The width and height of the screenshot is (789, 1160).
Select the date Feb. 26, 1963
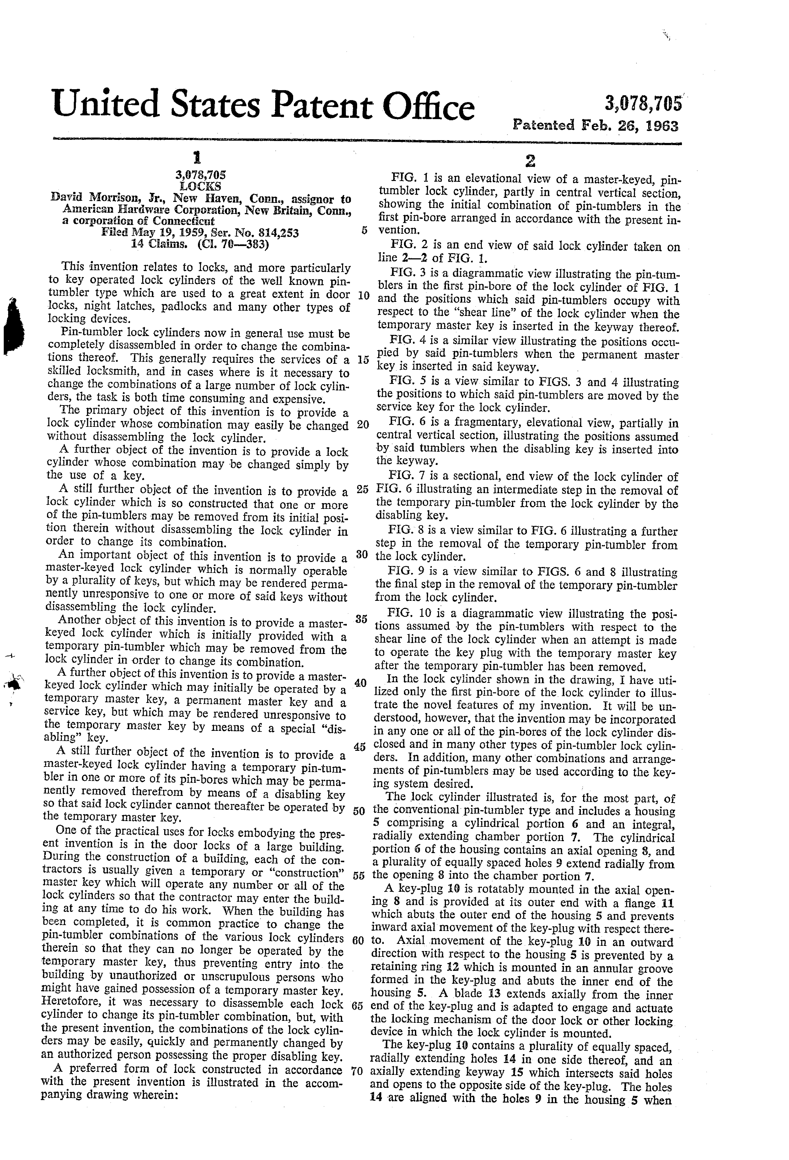[x=629, y=125]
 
